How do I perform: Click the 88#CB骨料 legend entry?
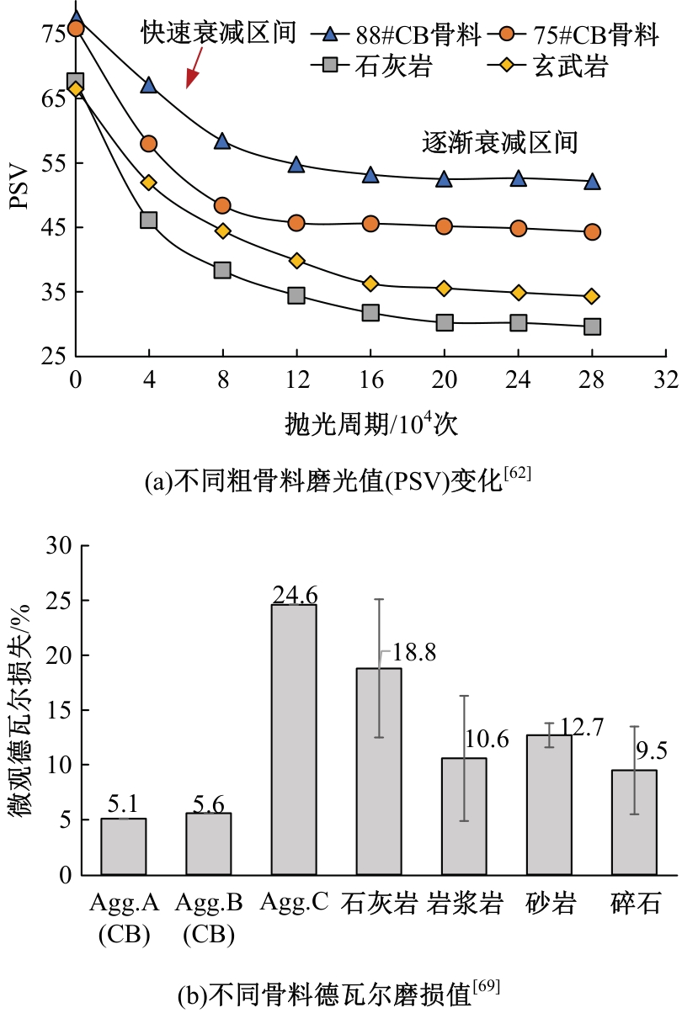click(x=401, y=35)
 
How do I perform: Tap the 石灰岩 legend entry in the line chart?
click(x=371, y=66)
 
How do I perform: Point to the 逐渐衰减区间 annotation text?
click(x=499, y=142)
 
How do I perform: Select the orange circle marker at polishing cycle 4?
click(x=148, y=144)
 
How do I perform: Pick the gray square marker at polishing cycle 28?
click(x=592, y=326)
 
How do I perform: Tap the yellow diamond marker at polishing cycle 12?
click(x=296, y=261)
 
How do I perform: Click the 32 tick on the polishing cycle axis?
click(x=666, y=380)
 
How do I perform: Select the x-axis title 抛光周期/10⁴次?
click(x=371, y=424)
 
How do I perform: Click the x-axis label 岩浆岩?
click(x=465, y=904)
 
